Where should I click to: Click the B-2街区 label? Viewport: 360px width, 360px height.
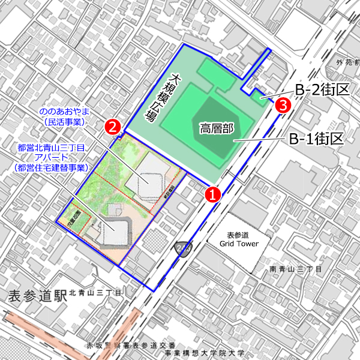pyautogui.click(x=322, y=90)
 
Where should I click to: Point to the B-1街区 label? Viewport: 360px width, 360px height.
pyautogui.click(x=316, y=139)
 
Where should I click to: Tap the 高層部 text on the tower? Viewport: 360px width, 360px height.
pyautogui.click(x=216, y=128)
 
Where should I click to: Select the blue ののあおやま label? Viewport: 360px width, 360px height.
pyautogui.click(x=62, y=112)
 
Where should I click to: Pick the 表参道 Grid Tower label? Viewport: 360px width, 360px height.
pyautogui.click(x=238, y=240)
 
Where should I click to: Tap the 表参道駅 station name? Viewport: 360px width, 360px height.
pyautogui.click(x=35, y=295)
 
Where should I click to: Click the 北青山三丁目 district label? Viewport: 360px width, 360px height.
pyautogui.click(x=95, y=293)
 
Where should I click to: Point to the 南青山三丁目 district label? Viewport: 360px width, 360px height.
pyautogui.click(x=297, y=269)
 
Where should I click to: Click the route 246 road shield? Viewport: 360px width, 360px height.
pyautogui.click(x=182, y=247)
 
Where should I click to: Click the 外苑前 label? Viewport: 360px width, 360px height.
pyautogui.click(x=347, y=61)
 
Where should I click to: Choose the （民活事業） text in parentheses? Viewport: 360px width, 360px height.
pyautogui.click(x=62, y=122)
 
